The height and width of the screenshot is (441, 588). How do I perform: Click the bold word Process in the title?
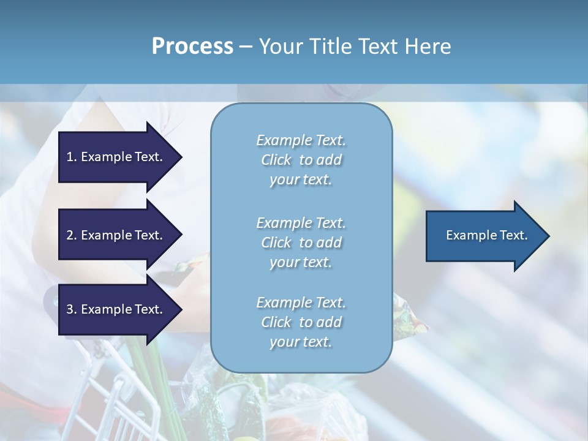pyautogui.click(x=192, y=47)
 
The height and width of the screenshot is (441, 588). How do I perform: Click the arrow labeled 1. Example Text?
pyautogui.click(x=114, y=157)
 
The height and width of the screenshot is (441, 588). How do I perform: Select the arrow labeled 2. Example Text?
pyautogui.click(x=114, y=235)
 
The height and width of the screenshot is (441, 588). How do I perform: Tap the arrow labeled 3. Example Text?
pyautogui.click(x=114, y=309)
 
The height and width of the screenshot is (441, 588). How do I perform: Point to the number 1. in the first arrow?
pyautogui.click(x=72, y=157)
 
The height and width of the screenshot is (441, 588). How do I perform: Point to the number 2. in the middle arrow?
pyautogui.click(x=72, y=235)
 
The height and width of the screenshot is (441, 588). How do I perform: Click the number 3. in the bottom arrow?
pyautogui.click(x=72, y=309)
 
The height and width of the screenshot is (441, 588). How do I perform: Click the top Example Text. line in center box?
pyautogui.click(x=301, y=140)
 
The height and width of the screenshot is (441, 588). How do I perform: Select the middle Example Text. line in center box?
pyautogui.click(x=301, y=223)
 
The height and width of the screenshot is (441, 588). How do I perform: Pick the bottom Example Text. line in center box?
pyautogui.click(x=301, y=303)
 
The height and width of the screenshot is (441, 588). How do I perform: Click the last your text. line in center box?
pyautogui.click(x=301, y=342)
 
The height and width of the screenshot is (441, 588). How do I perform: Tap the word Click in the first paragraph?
pyautogui.click(x=276, y=160)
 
